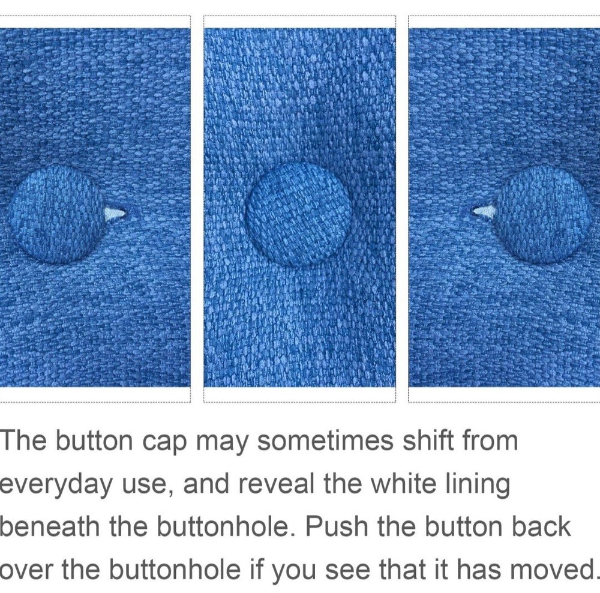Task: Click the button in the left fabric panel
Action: click(x=56, y=215)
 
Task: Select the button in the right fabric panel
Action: click(x=544, y=215)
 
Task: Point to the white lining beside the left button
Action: click(x=115, y=214)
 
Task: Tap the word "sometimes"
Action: click(x=325, y=441)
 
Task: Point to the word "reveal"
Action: click(x=276, y=483)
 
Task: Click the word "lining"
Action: click(x=478, y=484)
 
